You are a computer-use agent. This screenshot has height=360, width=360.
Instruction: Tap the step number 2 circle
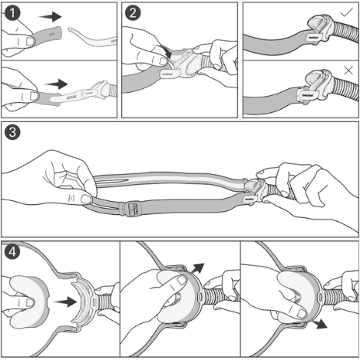[x=133, y=13]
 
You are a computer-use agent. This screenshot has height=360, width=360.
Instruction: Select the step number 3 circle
[x=13, y=131]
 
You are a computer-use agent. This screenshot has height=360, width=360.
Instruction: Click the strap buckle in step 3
[x=135, y=207]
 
